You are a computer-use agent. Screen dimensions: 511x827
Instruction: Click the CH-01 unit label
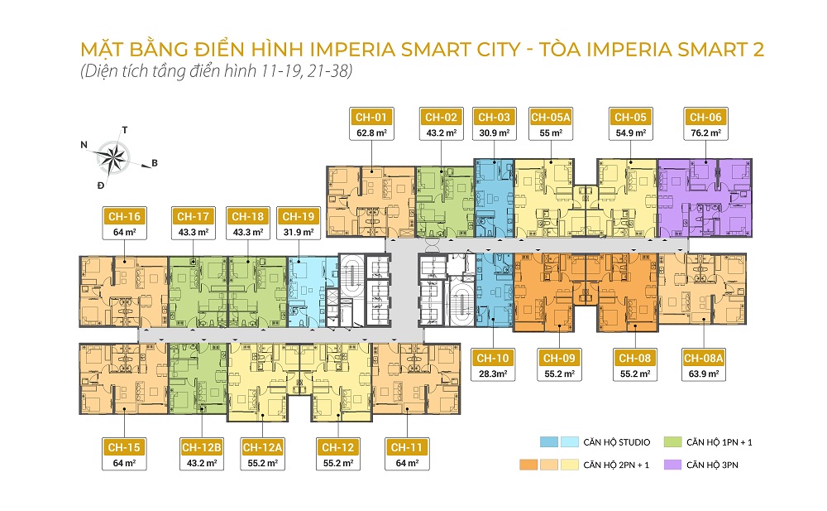point(370,117)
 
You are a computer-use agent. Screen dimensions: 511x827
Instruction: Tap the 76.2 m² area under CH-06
point(705,133)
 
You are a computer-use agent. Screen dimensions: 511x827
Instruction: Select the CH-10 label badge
point(493,358)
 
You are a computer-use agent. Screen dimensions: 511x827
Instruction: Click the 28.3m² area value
point(493,374)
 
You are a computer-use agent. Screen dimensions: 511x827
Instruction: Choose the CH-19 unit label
point(297,216)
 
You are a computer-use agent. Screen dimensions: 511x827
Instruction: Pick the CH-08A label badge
point(704,358)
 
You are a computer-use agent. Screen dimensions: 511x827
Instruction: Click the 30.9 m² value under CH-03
point(492,133)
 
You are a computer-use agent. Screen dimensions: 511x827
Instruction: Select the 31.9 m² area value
point(297,232)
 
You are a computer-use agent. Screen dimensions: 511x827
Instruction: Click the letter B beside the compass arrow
point(154,163)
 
